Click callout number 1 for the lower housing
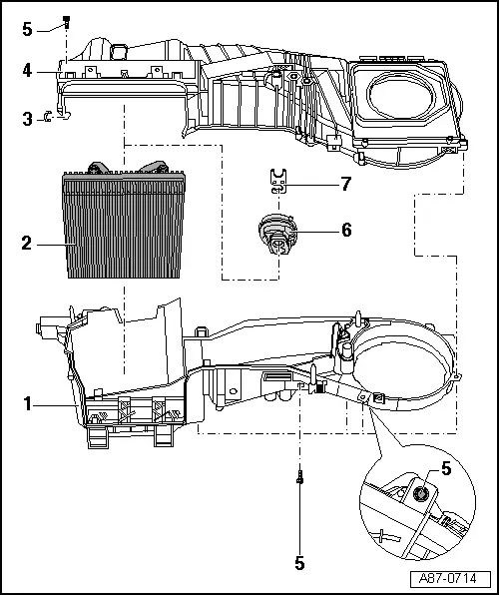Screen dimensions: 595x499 28,403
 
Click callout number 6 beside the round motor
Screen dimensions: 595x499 345,230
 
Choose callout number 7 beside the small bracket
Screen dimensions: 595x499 345,186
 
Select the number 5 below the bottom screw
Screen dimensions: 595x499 299,562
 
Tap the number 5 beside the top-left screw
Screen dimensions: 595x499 28,29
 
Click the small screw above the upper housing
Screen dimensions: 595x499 66,20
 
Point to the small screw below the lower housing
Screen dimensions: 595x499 299,479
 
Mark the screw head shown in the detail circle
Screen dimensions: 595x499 419,492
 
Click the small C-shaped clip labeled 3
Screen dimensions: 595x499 60,117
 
